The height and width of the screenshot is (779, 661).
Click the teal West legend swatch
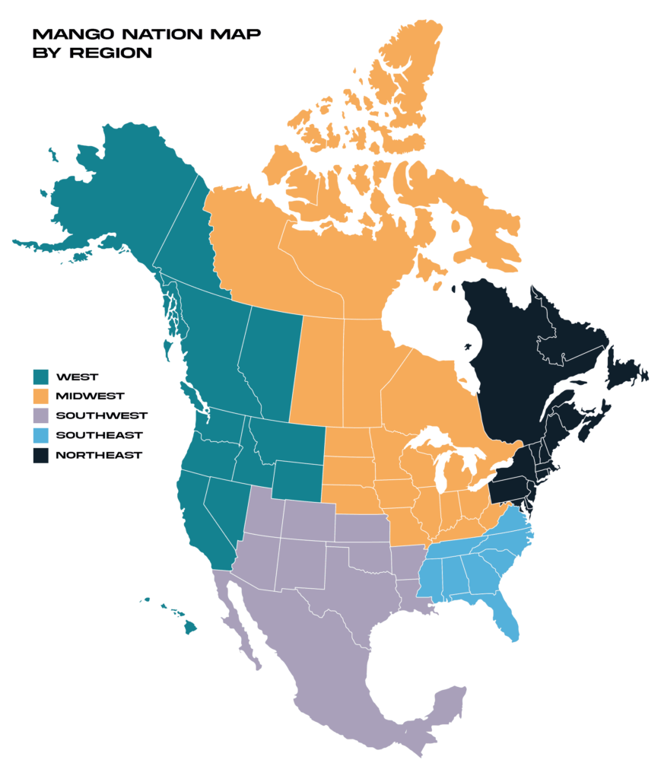click(40, 376)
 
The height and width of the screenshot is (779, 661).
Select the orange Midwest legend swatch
click(40, 396)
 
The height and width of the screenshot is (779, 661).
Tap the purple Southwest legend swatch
click(40, 415)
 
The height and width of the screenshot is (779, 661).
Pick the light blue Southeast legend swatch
click(40, 435)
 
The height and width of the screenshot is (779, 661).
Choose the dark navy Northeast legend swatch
click(40, 455)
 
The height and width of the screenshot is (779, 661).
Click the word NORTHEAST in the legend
click(99, 455)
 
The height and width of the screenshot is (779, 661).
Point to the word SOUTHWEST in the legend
click(101, 415)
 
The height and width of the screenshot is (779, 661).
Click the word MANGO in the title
click(62, 35)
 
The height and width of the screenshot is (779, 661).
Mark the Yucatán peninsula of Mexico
click(449, 704)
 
